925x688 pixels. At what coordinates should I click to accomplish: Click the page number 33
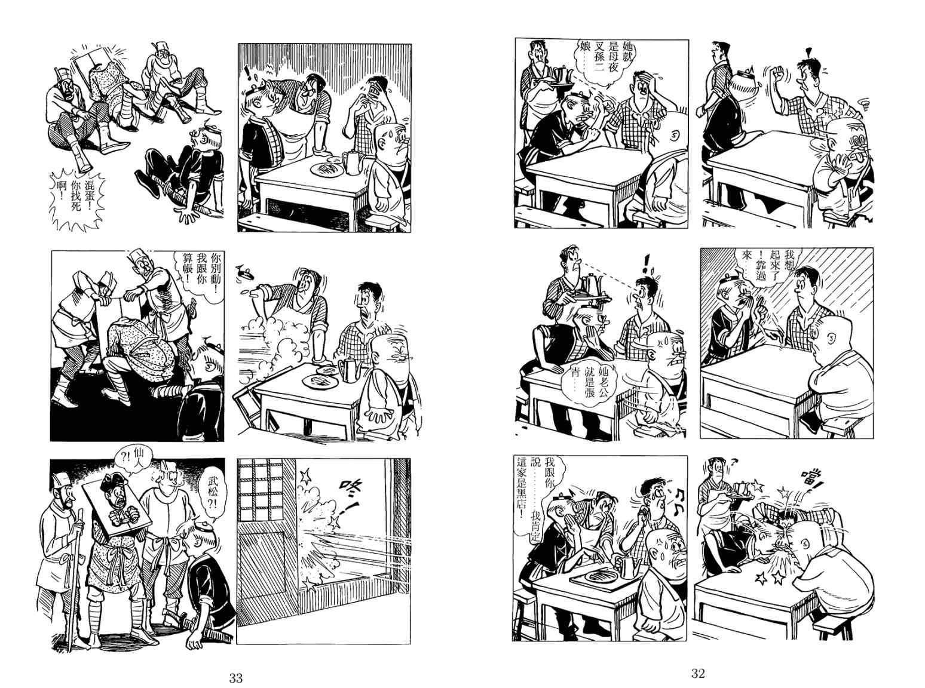point(235,678)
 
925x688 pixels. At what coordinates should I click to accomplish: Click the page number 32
point(698,673)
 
